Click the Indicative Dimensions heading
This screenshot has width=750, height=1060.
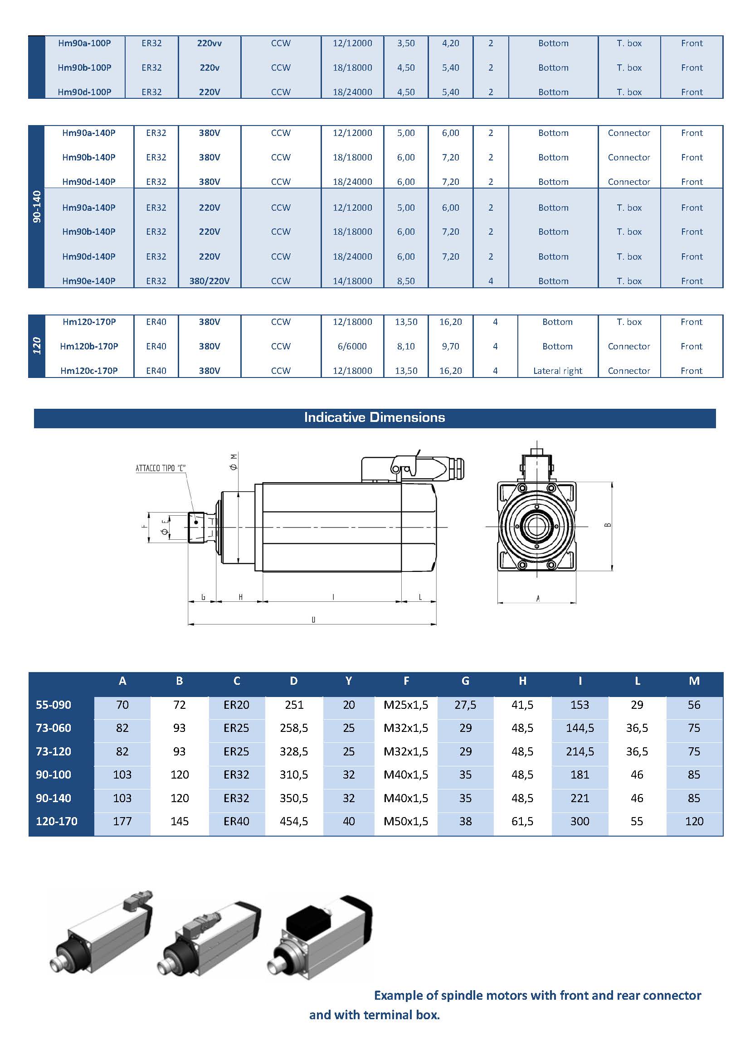coord(374,417)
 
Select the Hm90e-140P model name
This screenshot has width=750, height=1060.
coord(89,281)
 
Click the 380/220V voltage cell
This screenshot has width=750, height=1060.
coord(209,281)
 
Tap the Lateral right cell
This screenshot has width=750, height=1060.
coord(557,371)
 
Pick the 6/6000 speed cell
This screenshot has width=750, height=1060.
coord(352,346)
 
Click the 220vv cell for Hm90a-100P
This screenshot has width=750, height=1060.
coord(209,43)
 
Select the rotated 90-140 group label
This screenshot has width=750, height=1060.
coord(37,206)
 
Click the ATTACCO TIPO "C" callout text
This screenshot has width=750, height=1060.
coord(160,468)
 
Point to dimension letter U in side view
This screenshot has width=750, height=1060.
coord(313,620)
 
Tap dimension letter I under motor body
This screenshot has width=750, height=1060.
coord(333,597)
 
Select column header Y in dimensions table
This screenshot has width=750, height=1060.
coord(349,681)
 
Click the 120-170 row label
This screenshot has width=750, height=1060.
coord(56,821)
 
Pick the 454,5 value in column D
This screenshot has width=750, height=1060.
coord(294,821)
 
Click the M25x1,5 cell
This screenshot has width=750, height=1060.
coord(405,705)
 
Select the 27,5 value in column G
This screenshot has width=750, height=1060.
coord(465,705)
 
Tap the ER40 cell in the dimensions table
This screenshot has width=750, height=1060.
coord(236,821)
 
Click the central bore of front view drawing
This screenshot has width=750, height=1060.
coord(536,526)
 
